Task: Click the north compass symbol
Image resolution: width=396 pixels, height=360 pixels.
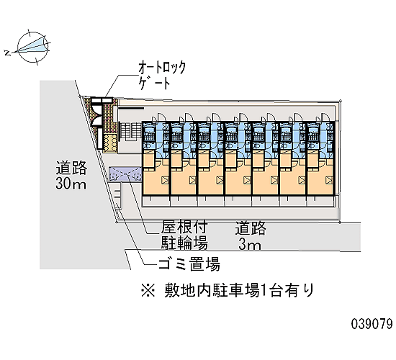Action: click(x=33, y=48)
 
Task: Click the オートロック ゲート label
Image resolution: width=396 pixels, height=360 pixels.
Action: click(x=161, y=75)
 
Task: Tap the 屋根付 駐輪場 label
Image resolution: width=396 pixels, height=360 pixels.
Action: click(x=184, y=235)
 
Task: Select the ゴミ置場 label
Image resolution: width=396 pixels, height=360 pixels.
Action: click(x=189, y=264)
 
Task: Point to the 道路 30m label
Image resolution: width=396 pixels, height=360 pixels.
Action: click(x=71, y=175)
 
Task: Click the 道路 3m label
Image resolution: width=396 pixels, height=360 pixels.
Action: click(x=251, y=235)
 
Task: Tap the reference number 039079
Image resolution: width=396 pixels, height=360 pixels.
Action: click(x=372, y=323)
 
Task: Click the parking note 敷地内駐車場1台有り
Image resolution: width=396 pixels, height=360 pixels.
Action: click(x=239, y=290)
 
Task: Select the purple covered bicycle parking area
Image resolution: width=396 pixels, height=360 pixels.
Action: click(x=125, y=174)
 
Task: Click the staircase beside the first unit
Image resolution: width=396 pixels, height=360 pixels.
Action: click(x=130, y=130)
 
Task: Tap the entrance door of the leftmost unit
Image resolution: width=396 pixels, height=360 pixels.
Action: click(x=161, y=117)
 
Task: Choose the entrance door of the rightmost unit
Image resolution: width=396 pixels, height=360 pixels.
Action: click(x=325, y=117)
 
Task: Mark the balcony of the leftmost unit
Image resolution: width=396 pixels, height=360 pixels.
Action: click(x=156, y=201)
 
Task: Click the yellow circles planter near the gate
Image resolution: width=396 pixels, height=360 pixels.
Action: click(x=111, y=143)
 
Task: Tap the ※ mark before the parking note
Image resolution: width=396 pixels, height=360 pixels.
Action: click(x=148, y=291)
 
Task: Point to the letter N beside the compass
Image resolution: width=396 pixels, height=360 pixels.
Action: click(x=8, y=53)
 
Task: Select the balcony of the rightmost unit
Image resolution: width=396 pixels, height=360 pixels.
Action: click(x=321, y=201)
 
